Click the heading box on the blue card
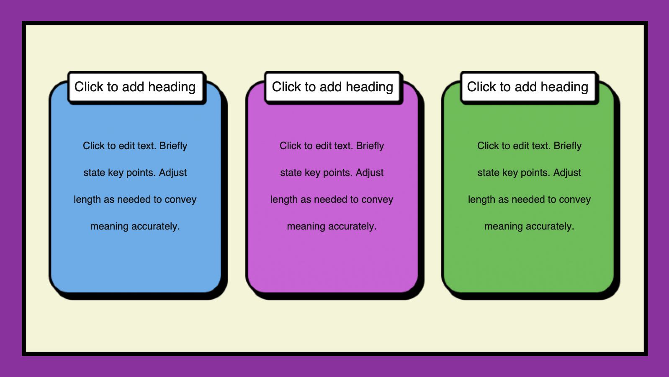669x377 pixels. pos(136,87)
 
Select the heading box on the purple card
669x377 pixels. pos(333,87)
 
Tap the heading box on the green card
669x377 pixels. pos(529,87)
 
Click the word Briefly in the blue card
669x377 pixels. pos(173,146)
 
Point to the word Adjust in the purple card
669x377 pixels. pos(369,173)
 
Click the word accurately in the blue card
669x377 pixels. pos(155,227)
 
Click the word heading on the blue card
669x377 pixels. pos(172,87)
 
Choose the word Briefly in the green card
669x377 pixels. pos(567,146)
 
